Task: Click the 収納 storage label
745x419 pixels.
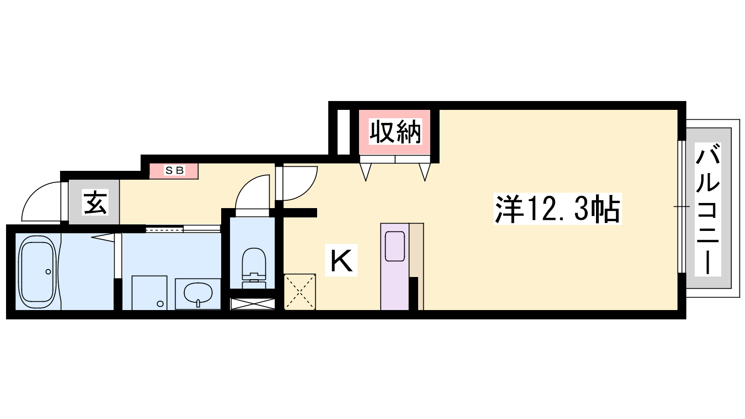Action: click(395, 132)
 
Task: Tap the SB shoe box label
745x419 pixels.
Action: click(174, 170)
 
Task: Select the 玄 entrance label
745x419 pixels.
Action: click(95, 202)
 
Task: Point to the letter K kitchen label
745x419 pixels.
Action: click(341, 260)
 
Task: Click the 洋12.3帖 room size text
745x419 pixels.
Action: click(557, 209)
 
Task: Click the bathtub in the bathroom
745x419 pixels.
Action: click(37, 271)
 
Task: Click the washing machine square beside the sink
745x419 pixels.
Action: click(149, 293)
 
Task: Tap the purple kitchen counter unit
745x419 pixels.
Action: click(395, 266)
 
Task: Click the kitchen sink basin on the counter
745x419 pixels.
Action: click(395, 246)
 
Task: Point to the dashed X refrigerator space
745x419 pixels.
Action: click(300, 292)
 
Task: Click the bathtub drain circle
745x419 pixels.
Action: click(48, 272)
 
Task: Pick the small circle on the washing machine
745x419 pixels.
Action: click(160, 304)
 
